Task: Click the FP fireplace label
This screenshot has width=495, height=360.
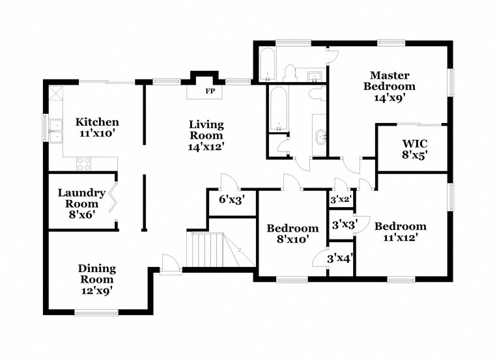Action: (210, 91)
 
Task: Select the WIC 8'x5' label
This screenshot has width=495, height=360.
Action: (414, 148)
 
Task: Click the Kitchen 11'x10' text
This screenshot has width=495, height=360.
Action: (97, 128)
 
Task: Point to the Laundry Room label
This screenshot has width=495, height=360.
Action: (81, 203)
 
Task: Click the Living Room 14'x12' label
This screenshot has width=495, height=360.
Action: (206, 135)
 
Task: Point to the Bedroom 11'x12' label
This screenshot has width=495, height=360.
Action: (400, 231)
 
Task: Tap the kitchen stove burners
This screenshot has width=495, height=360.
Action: (83, 163)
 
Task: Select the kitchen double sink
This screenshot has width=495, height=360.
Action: (55, 129)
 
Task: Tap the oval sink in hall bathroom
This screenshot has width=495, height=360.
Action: (320, 137)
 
